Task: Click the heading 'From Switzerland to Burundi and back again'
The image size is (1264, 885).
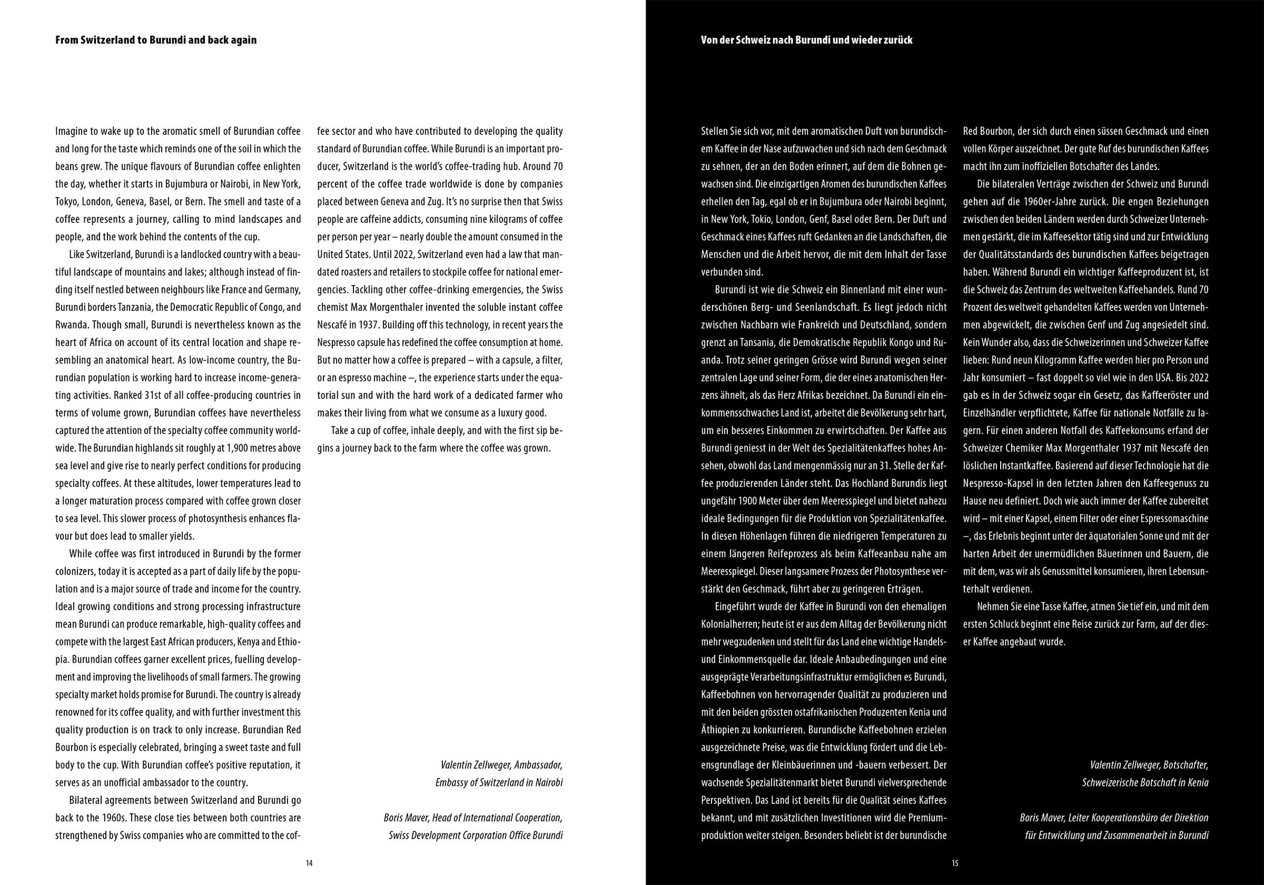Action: coord(156,40)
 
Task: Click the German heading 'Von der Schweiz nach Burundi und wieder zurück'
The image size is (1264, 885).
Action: coord(806,40)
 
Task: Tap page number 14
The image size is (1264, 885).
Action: coord(309,863)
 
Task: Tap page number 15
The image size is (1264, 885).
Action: coord(955,863)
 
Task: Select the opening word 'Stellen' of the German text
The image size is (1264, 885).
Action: coord(714,131)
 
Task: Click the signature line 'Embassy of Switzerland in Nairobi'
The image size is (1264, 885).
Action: coord(499,783)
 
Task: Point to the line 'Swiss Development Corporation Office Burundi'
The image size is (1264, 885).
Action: coord(476,835)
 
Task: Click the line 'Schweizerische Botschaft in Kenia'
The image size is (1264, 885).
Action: coord(1145,783)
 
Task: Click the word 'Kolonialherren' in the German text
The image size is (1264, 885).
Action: coord(729,624)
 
